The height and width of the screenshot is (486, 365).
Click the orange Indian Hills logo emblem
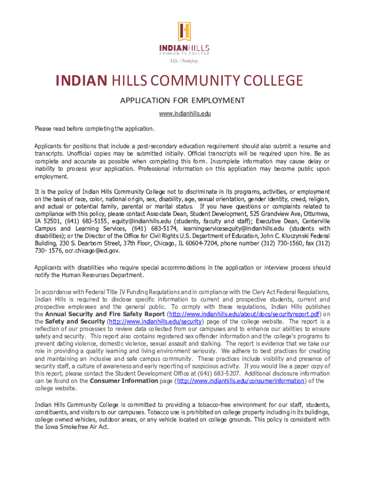[184, 32]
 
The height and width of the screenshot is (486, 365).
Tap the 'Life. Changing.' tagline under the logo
[184, 61]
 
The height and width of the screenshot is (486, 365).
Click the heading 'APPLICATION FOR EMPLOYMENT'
[182, 100]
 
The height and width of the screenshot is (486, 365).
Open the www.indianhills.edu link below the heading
[182, 114]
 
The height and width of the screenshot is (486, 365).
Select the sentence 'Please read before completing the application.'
[95, 129]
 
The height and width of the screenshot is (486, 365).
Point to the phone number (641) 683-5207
[218, 374]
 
